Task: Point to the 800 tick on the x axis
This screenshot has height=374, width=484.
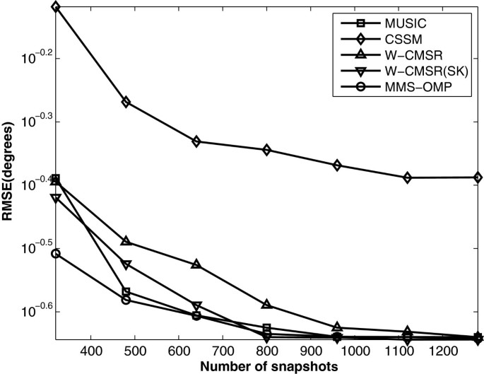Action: click(266, 351)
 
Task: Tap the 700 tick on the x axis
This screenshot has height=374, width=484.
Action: click(223, 351)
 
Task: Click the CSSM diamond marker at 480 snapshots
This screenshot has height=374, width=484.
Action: click(126, 102)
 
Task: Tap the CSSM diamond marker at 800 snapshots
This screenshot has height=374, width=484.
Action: click(266, 150)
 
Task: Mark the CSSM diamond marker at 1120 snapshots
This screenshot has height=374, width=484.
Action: click(408, 177)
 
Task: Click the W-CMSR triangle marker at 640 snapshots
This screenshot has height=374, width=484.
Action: click(196, 264)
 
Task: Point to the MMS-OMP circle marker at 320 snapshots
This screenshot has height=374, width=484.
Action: click(56, 253)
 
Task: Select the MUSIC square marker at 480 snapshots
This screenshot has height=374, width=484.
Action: click(126, 291)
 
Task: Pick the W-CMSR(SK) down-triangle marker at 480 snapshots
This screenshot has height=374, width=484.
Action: click(126, 265)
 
